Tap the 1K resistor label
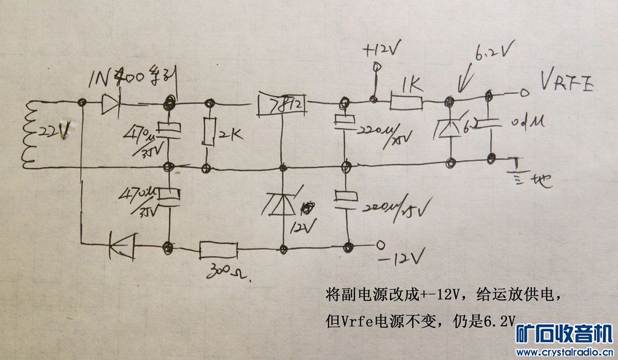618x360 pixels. (x=411, y=84)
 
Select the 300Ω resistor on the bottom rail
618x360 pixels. (x=218, y=249)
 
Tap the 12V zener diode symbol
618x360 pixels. (x=283, y=203)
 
